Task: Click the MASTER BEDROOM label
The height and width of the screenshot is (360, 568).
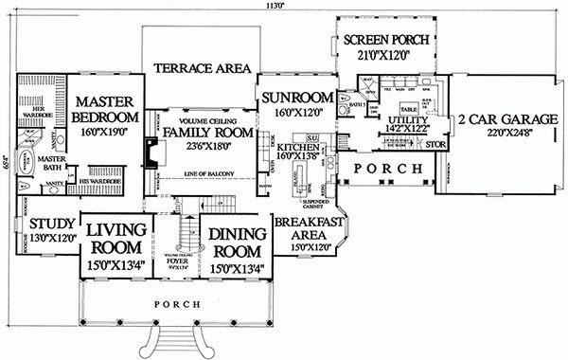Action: (108, 108)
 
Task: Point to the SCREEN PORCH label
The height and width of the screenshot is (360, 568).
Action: (386, 40)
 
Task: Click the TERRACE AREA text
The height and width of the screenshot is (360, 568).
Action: (203, 68)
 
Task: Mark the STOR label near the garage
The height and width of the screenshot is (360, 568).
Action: (435, 145)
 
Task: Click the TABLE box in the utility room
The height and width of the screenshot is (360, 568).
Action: (408, 108)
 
